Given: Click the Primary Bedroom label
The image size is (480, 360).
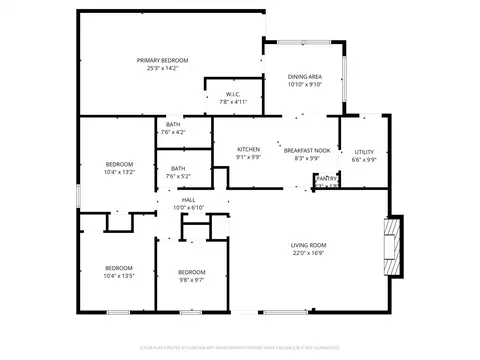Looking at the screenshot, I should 162,61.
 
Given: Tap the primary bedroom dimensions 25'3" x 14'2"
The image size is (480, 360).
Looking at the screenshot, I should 162,69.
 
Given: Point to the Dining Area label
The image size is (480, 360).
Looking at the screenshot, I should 304,77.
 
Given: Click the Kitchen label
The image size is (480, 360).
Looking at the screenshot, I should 248,150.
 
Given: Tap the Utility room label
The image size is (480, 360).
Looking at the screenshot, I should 364,152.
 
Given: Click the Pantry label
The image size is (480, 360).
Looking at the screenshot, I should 327,177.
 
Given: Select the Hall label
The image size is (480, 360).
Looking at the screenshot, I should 188,200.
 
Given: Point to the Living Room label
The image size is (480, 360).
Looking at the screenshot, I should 308,245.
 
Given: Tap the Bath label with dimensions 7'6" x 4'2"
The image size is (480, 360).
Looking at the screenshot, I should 173,124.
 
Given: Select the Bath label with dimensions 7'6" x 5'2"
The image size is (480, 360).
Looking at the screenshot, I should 177,168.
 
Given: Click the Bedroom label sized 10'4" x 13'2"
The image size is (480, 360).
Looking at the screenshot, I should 120,164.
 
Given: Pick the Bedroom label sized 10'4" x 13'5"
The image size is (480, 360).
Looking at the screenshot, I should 120,267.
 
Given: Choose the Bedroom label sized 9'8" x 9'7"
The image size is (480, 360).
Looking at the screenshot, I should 191,273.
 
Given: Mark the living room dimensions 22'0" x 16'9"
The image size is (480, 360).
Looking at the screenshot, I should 308,253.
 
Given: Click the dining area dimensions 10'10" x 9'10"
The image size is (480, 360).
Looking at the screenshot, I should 304,85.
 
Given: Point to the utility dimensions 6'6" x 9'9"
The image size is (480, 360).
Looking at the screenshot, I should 364,160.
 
